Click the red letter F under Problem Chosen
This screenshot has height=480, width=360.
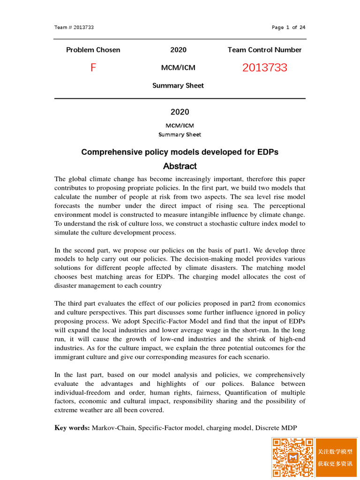click(x=93, y=68)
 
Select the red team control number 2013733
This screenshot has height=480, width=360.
click(x=264, y=68)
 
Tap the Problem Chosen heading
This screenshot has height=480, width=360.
click(x=93, y=50)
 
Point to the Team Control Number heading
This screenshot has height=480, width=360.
click(x=264, y=50)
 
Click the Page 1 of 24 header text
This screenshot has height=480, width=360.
click(x=288, y=27)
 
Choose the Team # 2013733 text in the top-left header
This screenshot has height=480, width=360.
click(x=74, y=27)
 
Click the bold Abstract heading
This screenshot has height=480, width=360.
click(x=180, y=166)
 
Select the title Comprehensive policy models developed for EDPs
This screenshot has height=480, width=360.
click(x=180, y=152)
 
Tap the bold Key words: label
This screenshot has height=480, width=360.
click(x=72, y=428)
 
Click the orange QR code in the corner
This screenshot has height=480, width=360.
click(x=293, y=457)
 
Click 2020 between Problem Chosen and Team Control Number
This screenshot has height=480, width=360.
click(x=178, y=50)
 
